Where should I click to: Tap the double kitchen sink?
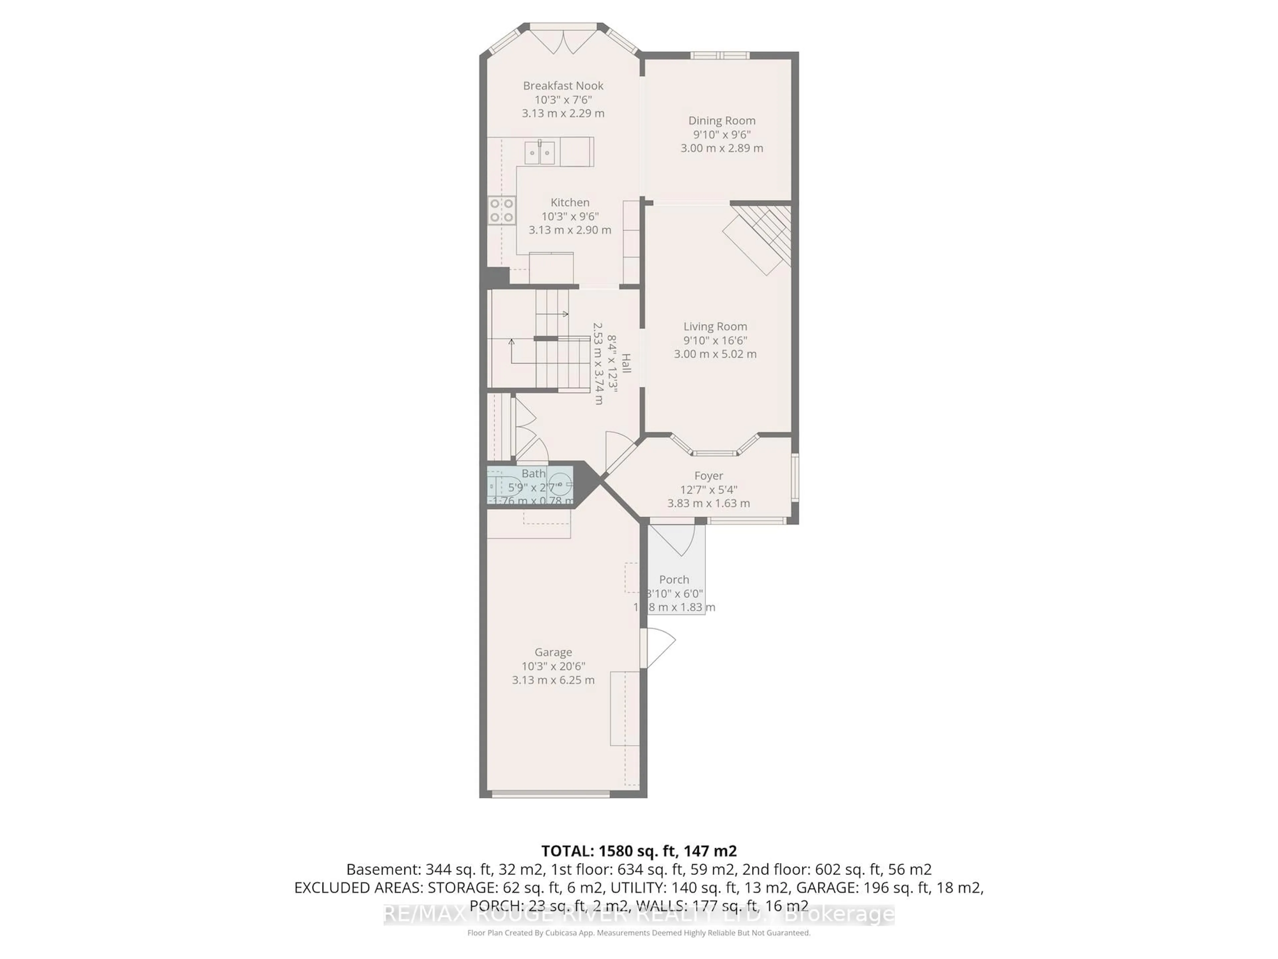(539, 153)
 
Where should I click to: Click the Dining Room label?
(722, 121)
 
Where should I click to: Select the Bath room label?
(533, 474)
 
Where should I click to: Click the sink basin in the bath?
(559, 484)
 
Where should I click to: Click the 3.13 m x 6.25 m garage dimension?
(553, 680)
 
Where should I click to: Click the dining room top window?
(720, 56)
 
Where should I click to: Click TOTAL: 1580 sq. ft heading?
(638, 851)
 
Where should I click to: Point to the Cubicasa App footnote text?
(638, 933)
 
